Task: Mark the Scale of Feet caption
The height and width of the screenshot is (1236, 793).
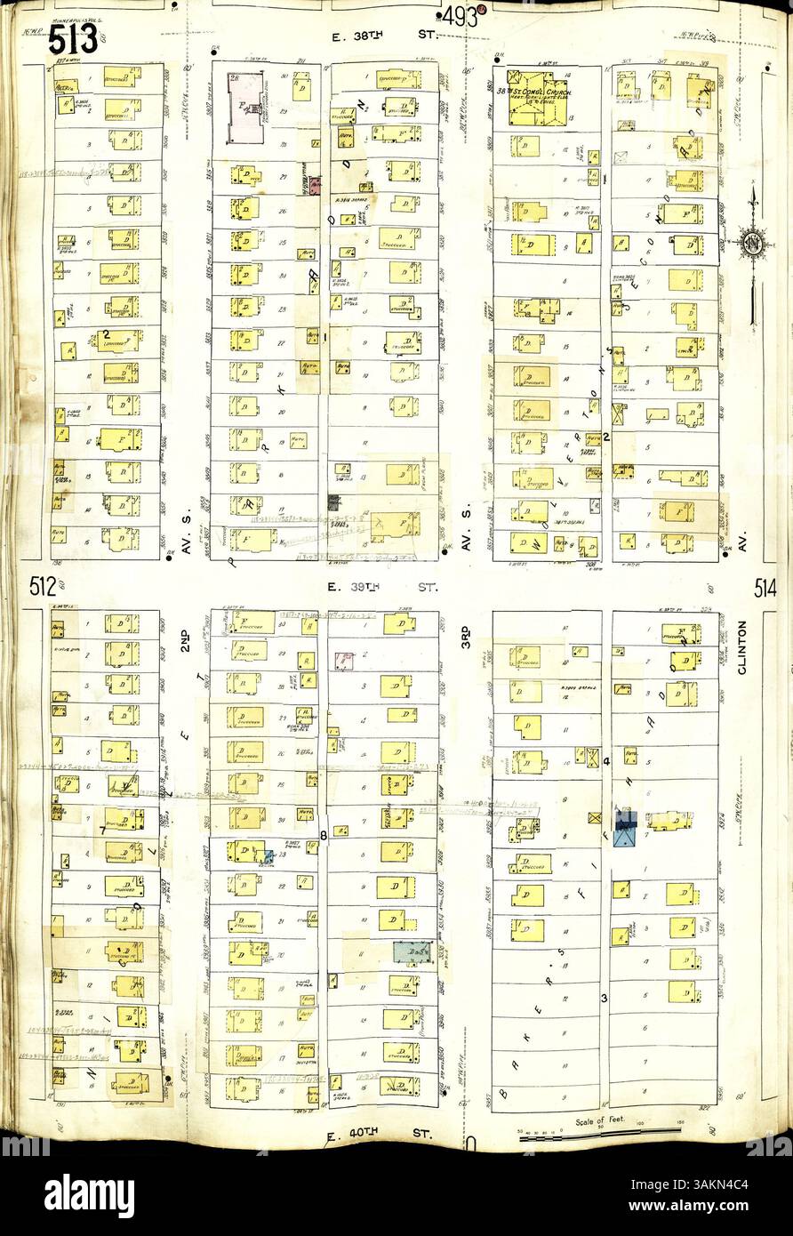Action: click(597, 1121)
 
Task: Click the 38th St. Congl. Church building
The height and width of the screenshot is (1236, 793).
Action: click(537, 98)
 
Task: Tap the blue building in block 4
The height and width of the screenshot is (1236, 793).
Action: click(626, 828)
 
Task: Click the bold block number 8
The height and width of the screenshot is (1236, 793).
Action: click(324, 834)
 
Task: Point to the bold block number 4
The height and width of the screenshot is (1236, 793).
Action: click(606, 762)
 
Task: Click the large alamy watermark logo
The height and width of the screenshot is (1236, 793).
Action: click(89, 1194)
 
